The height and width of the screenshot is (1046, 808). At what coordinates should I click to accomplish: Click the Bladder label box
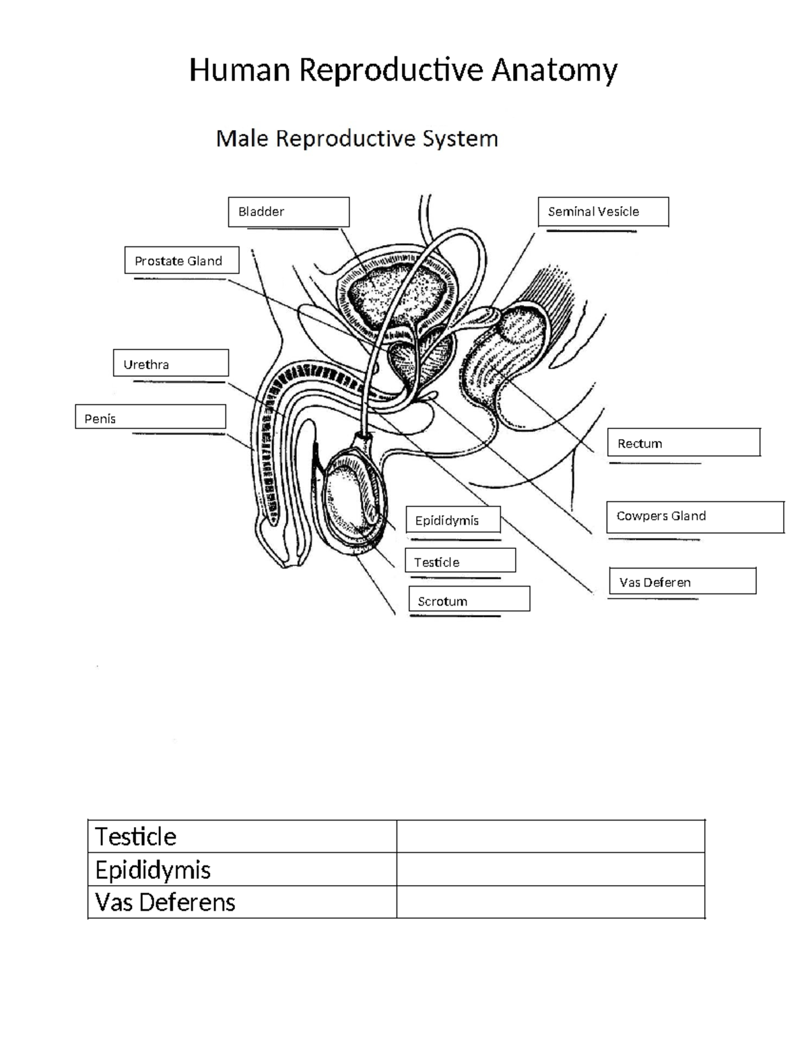click(x=288, y=211)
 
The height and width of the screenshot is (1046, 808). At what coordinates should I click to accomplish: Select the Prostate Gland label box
click(x=182, y=261)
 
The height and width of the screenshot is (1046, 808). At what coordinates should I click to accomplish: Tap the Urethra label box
click(x=171, y=364)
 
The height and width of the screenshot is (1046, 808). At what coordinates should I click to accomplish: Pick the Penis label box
click(x=150, y=418)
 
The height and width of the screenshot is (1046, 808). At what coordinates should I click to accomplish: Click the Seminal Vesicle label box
click(x=603, y=211)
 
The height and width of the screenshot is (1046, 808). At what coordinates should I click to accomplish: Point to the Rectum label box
click(x=683, y=443)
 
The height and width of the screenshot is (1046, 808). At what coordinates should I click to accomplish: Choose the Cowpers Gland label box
click(x=695, y=517)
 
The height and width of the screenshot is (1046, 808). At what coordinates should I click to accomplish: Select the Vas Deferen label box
click(x=682, y=581)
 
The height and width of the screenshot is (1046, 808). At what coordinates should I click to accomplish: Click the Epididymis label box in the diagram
click(x=453, y=520)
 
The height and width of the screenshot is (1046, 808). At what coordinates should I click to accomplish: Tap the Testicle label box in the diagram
click(x=460, y=561)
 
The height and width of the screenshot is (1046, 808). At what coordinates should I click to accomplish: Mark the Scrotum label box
click(x=469, y=599)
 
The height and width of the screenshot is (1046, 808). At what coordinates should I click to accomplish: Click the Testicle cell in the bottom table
click(x=242, y=837)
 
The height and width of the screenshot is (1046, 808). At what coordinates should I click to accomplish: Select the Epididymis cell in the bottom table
click(x=242, y=870)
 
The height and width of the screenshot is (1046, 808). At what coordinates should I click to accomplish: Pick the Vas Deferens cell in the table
click(x=242, y=902)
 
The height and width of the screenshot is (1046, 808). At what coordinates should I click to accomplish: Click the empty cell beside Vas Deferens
click(x=550, y=902)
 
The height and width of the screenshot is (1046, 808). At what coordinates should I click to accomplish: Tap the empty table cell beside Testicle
click(x=550, y=837)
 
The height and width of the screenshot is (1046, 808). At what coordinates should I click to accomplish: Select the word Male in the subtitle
click(x=242, y=139)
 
